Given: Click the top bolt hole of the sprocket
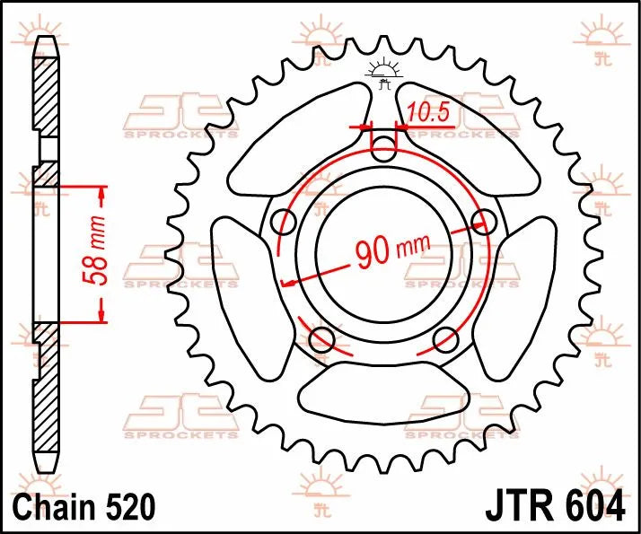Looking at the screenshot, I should tap(383, 147).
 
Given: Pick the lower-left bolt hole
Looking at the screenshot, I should tap(320, 338).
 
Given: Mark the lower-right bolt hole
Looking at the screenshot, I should tap(446, 338).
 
